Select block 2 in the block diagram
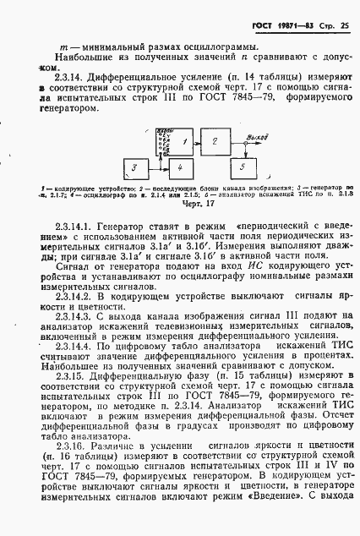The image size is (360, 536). [214, 141]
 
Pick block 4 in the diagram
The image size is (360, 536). [180, 169]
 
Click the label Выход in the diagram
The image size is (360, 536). [251, 136]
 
